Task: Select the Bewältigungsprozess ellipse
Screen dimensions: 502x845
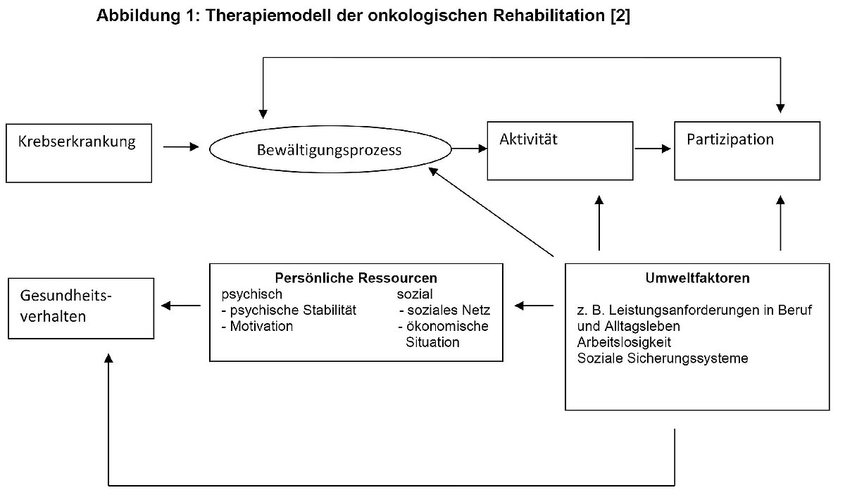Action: pos(330,150)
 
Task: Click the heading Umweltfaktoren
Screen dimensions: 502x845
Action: pos(697,278)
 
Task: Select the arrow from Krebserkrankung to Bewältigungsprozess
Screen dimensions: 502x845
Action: pos(181,147)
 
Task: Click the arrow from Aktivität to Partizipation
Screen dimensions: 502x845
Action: pos(652,149)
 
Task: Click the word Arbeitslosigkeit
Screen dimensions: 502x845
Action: pos(623,343)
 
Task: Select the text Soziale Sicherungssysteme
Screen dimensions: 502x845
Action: pos(662,358)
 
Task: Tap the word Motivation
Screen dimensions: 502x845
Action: pos(260,326)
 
